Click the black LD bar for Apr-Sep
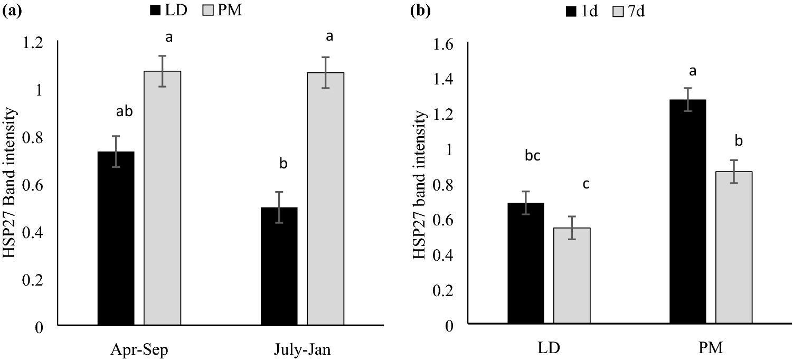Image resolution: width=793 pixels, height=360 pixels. (116, 238)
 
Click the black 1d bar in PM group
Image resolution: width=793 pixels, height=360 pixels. (687, 211)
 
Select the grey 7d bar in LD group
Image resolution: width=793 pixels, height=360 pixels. (572, 275)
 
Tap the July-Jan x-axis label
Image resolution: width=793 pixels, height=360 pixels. (303, 349)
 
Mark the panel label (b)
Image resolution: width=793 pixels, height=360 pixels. (422, 10)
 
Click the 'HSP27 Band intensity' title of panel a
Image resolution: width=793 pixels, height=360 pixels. (13, 184)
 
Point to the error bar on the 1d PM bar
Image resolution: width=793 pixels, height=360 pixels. (687, 99)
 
